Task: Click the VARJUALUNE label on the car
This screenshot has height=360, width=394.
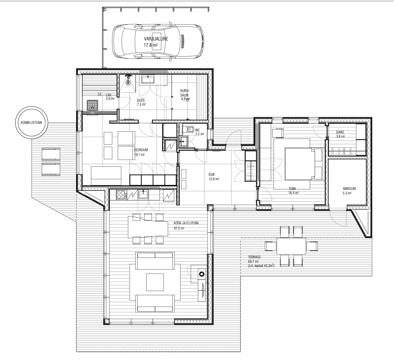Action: [156, 39]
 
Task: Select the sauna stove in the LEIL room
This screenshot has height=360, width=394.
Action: [92, 105]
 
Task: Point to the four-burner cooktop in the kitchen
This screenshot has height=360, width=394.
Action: [122, 195]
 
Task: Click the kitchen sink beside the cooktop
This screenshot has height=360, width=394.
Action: [143, 194]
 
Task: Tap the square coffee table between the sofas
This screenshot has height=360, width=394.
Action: [155, 282]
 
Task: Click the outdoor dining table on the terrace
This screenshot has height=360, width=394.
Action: [291, 246]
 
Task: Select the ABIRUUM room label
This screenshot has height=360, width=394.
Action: [349, 189]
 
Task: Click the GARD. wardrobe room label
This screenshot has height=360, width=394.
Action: [340, 132]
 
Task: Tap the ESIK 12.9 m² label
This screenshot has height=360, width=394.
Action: [214, 177]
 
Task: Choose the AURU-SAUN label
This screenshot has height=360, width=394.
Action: [185, 93]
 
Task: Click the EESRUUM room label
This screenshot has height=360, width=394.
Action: [141, 150]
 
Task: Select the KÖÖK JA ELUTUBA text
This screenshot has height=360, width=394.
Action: [186, 223]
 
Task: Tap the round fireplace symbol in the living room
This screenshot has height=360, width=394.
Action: [202, 274]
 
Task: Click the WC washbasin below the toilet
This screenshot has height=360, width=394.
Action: [184, 141]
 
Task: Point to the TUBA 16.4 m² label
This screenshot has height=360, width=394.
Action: [293, 191]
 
